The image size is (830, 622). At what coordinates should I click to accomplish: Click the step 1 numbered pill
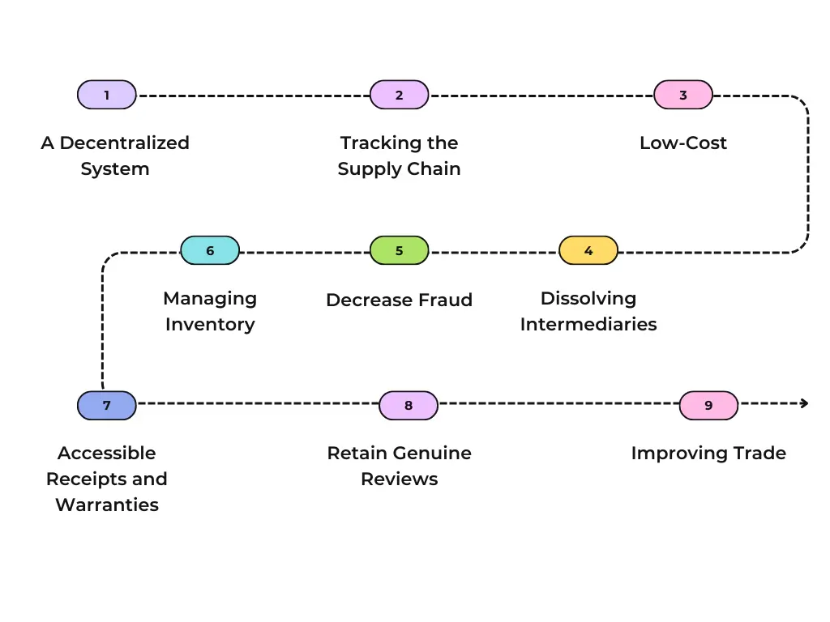tap(106, 95)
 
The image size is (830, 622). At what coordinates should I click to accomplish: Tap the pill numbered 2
tap(399, 95)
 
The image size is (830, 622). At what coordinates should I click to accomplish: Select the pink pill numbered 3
tap(683, 95)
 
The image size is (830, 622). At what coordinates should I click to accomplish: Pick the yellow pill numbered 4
tap(588, 250)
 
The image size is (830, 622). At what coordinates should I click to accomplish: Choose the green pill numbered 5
tap(399, 250)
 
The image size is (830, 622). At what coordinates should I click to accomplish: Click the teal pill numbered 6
tap(210, 250)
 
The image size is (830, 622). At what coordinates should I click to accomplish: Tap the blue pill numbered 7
tap(106, 405)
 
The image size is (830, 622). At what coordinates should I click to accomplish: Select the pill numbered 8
tap(409, 405)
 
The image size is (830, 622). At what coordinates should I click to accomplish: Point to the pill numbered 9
tap(708, 405)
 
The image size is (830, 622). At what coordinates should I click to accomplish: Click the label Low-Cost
tap(683, 143)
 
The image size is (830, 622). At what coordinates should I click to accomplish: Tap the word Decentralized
tap(125, 143)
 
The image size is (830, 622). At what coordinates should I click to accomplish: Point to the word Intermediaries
tap(588, 325)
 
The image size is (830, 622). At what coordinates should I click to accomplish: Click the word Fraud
tap(447, 300)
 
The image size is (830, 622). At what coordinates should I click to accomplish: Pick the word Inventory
tap(210, 325)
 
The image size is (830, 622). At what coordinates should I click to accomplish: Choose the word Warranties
tap(107, 505)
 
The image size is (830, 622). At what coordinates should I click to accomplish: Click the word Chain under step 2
tap(434, 169)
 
